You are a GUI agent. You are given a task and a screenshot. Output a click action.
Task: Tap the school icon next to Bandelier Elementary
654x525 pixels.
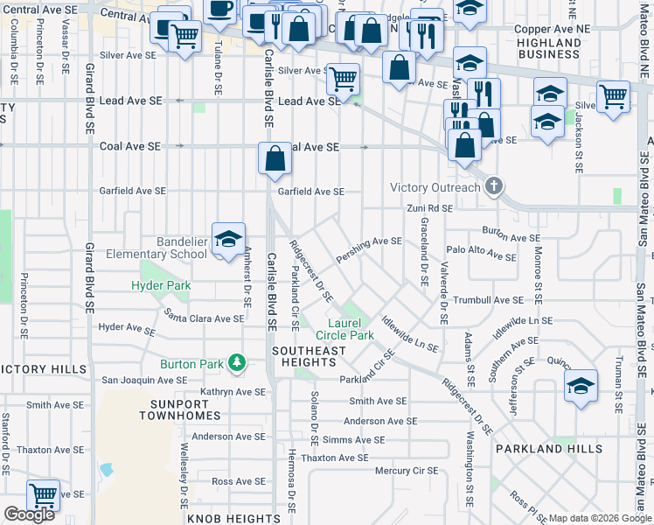point(228,240)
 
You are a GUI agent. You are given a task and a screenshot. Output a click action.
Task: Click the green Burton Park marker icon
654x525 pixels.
point(235,362)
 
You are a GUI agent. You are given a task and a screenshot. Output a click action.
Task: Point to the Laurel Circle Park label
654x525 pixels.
point(344,329)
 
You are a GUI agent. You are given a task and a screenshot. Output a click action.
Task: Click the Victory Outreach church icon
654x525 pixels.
point(494,186)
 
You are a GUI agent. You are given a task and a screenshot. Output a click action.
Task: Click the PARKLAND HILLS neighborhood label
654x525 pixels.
point(548,449)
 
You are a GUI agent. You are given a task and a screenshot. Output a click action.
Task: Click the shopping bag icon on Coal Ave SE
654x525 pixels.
point(275,158)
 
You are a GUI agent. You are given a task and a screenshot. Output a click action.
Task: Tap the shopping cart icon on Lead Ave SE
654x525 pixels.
point(343,80)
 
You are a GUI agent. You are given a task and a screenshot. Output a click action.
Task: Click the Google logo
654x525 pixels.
point(29,514)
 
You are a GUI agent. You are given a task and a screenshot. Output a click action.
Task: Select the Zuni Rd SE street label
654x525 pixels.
point(429,208)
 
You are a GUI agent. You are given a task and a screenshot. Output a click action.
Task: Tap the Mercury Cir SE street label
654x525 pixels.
point(406,471)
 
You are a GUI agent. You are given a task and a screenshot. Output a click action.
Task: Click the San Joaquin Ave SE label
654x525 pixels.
point(144,381)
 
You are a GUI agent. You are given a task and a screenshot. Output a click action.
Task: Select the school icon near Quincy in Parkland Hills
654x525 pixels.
point(581,386)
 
